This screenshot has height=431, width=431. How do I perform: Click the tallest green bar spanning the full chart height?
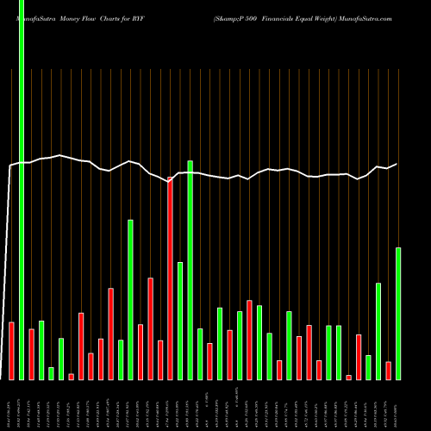tap(22, 190)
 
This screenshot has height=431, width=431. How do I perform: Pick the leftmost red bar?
tap(11, 350)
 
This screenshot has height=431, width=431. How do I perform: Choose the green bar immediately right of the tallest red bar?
tap(180, 321)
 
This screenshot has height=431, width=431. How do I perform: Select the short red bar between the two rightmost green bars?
tap(388, 370)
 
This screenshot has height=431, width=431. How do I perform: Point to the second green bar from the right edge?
tap(378, 331)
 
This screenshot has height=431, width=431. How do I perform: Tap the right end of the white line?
tap(397, 164)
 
